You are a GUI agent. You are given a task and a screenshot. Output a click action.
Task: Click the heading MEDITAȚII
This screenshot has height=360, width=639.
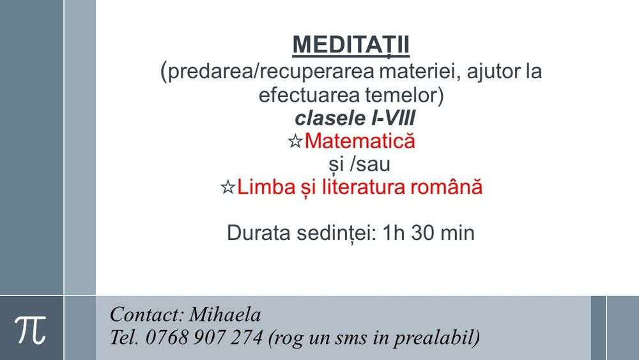coord(351,45)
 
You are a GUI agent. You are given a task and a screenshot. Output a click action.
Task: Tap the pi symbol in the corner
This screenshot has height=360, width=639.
coord(31,328)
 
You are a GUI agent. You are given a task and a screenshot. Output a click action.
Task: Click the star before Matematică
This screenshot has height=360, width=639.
coord(295,142)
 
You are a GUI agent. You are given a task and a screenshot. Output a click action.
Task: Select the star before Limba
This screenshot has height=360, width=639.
coord(227,188)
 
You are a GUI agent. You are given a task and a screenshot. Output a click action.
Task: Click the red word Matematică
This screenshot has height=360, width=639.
coord(360,141)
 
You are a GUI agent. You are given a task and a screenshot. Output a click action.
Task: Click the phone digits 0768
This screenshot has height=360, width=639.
coord(167,336)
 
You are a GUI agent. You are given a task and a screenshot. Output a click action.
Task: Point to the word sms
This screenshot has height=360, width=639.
coord(348,338)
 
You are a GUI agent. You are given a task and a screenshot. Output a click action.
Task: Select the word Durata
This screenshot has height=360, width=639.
coord(255,233)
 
